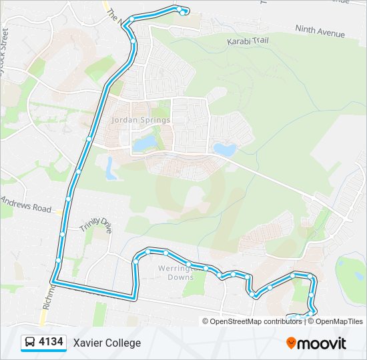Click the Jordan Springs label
pyautogui.click(x=141, y=120)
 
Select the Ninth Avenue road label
pyautogui.click(x=320, y=31)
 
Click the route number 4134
pyautogui.click(x=51, y=343)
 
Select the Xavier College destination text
pyautogui.click(x=107, y=343)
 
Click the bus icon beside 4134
pyautogui.click(x=30, y=343)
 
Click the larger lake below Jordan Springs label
pyautogui.click(x=143, y=143)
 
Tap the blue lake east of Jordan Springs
pyautogui.click(x=224, y=149)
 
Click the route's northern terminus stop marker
pyautogui.click(x=182, y=11)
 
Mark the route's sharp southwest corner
pyautogui.click(x=55, y=283)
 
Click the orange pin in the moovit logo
pyautogui.click(x=292, y=343)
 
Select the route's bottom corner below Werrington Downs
pyautogui.click(x=135, y=296)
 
